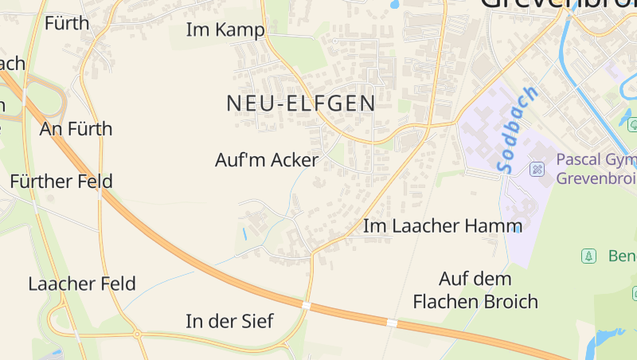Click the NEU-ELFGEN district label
[x=300, y=104]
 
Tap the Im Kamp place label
[x=225, y=30]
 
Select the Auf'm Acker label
[x=267, y=160]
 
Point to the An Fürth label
[x=76, y=129]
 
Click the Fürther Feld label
[x=61, y=182]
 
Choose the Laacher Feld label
[x=81, y=284]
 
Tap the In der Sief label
[x=229, y=322]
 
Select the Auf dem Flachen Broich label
[x=475, y=291]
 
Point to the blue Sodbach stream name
[x=516, y=130]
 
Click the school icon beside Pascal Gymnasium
[x=537, y=169]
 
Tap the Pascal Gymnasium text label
[x=596, y=169]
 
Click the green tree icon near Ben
[x=588, y=256]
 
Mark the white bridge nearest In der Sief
[x=306, y=305]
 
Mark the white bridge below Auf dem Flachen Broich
[x=392, y=323]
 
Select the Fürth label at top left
[x=67, y=23]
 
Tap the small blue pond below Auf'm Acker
[x=244, y=233]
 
